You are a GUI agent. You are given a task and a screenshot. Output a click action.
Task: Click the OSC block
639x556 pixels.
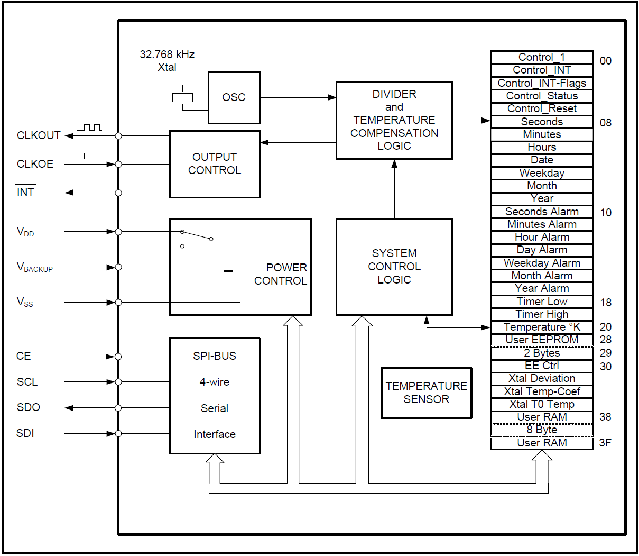pyautogui.click(x=234, y=97)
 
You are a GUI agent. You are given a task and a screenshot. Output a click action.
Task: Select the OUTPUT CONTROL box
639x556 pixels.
pyautogui.click(x=215, y=164)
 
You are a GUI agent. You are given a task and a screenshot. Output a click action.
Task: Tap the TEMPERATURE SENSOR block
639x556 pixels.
pyautogui.click(x=426, y=393)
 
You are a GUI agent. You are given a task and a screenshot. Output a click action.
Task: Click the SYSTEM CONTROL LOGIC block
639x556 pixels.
pyautogui.click(x=394, y=267)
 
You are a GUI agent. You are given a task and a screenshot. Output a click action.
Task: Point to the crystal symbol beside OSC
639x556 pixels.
pyautogui.click(x=182, y=97)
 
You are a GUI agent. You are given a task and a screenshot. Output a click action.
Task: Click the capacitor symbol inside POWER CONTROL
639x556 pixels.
pyautogui.click(x=229, y=271)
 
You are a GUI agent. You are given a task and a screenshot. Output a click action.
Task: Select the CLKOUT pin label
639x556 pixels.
pyautogui.click(x=39, y=135)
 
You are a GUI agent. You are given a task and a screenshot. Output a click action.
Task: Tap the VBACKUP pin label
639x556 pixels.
pyautogui.click(x=35, y=268)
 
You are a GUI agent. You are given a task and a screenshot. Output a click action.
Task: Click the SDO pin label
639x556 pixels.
pyautogui.click(x=29, y=407)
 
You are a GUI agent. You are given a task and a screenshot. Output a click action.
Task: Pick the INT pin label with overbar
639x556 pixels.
pyautogui.click(x=25, y=192)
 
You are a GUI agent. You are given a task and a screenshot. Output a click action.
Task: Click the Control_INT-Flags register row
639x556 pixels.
pyautogui.click(x=542, y=83)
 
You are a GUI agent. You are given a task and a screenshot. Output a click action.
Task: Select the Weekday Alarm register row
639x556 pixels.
pyautogui.click(x=542, y=263)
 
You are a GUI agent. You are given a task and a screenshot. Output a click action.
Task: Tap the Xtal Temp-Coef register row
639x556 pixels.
pyautogui.click(x=542, y=391)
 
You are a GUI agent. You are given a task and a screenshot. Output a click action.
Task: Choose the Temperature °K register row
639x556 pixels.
pyautogui.click(x=542, y=327)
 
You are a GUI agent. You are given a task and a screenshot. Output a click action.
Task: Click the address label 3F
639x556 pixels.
pyautogui.click(x=606, y=443)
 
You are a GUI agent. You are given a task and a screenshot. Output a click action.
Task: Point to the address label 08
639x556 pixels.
pyautogui.click(x=606, y=123)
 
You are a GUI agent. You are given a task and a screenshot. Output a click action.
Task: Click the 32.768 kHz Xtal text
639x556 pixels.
pyautogui.click(x=167, y=61)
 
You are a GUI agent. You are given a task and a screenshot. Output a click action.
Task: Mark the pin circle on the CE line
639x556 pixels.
pyautogui.click(x=118, y=357)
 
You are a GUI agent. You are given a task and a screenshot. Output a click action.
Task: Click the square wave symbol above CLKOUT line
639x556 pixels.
pyautogui.click(x=89, y=127)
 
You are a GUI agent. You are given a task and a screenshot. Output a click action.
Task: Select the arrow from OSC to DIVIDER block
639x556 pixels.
pyautogui.click(x=298, y=97)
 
